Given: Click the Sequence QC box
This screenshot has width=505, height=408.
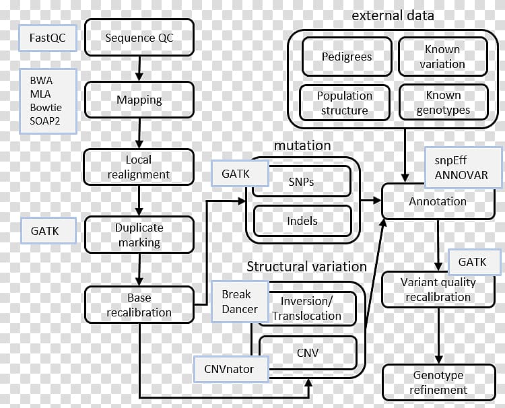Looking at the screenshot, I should [139, 38].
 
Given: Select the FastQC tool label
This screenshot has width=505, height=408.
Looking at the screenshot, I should [46, 38].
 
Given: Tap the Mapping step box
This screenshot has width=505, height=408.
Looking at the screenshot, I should [139, 100].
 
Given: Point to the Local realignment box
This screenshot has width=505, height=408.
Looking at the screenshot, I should [139, 167].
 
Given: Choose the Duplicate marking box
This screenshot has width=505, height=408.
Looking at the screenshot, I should [139, 235].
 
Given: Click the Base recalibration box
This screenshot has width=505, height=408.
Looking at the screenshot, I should [139, 305].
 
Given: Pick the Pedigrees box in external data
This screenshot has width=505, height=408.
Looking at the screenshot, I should [346, 57].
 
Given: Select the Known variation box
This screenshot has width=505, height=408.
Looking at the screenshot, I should [442, 57].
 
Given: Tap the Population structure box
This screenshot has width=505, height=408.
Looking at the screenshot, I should [344, 102].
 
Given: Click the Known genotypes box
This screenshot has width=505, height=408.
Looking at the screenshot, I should [442, 102].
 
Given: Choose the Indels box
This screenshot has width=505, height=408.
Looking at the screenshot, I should [302, 220].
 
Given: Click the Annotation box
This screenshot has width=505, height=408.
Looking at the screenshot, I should [437, 201].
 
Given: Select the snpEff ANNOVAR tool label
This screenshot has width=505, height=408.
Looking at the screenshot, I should [465, 168].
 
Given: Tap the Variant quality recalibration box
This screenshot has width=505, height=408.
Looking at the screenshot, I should [436, 290].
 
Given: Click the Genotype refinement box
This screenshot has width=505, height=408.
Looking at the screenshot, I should [437, 382].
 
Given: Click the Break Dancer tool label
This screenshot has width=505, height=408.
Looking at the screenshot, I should [240, 302].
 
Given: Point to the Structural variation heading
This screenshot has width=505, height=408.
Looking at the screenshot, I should [306, 267].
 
